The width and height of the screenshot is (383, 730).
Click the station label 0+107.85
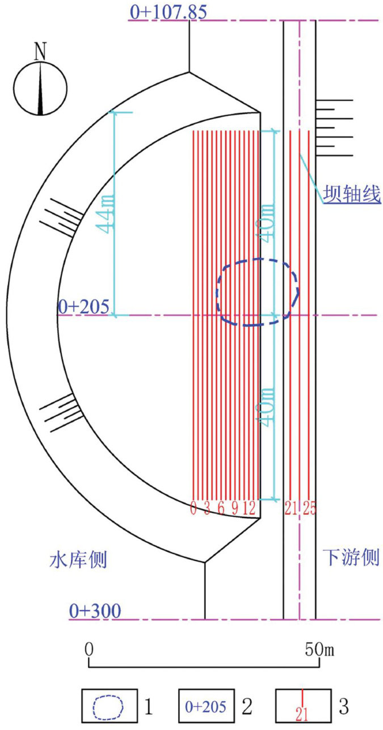pos(168,11)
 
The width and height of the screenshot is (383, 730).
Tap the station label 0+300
pos(95,610)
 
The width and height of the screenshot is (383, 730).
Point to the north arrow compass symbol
pos(40,88)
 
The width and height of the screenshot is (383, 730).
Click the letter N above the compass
pos(40,51)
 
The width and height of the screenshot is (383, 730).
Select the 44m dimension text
pos(107,213)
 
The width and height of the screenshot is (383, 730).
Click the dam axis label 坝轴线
pos(352,193)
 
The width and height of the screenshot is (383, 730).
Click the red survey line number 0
pos(193,508)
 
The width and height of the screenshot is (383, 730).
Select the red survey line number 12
pos(249,508)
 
